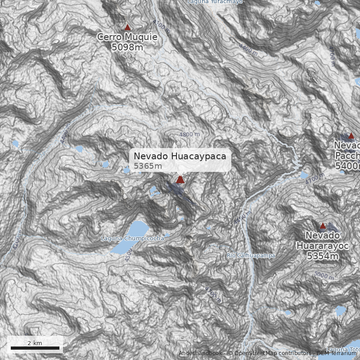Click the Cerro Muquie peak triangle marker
coord(127,27)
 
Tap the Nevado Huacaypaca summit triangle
coord(180,180)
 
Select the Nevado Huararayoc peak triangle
coord(322,226)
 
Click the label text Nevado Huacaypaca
coord(180,156)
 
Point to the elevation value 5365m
coord(148,166)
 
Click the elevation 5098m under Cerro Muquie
coord(127,47)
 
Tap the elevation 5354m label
coord(322,256)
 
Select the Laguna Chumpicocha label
coord(132,238)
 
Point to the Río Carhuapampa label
coord(251,256)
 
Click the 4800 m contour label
coord(189,135)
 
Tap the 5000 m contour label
coord(324,275)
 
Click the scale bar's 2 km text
coord(35,343)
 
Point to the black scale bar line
coord(35,348)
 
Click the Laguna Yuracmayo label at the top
coord(215,2)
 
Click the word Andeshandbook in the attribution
coord(200,353)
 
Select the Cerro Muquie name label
coord(127,37)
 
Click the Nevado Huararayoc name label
coord(322,241)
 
